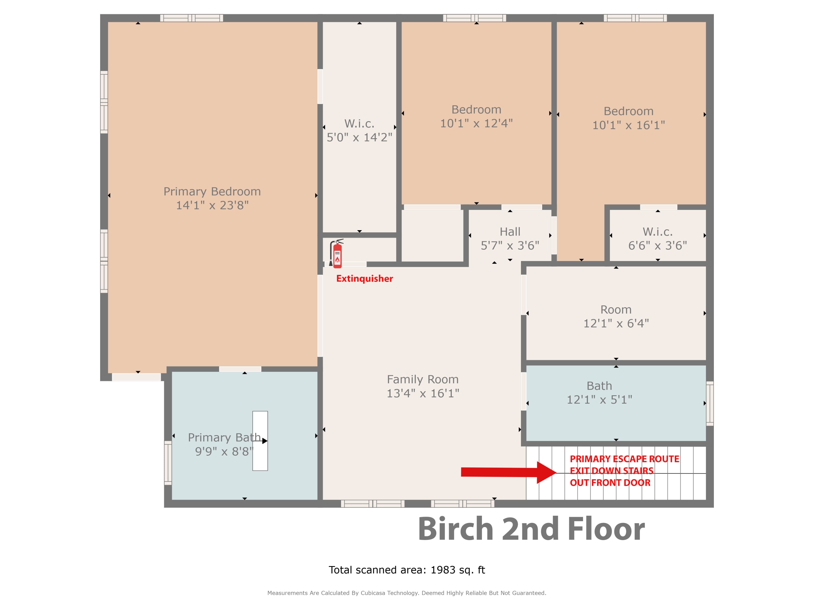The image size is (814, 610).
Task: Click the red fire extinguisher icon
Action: tap(336, 253)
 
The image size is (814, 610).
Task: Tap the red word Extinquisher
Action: tap(364, 279)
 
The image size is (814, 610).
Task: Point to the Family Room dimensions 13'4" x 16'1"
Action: tap(423, 393)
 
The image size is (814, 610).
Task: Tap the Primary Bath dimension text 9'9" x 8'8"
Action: tap(224, 451)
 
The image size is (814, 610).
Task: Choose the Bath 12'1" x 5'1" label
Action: tap(599, 393)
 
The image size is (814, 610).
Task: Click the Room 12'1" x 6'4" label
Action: tap(616, 316)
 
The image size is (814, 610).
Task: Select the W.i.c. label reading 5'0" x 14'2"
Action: tap(360, 130)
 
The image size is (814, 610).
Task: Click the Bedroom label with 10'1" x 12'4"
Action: tap(476, 116)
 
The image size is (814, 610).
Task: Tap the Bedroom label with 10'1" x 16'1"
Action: tap(628, 118)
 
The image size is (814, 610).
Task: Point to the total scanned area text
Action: tap(407, 570)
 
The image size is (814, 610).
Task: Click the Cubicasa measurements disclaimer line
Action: tap(407, 593)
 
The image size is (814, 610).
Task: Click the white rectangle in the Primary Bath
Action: tap(260, 441)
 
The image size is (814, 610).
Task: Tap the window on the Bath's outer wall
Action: tap(710, 403)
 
